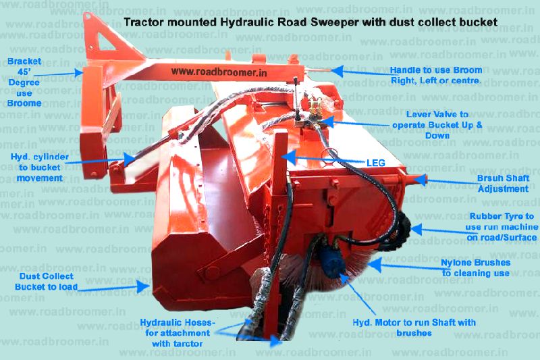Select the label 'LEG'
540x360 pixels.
point(376,163)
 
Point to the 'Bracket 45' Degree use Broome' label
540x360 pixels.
point(24,82)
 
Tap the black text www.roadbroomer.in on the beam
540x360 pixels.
point(219,72)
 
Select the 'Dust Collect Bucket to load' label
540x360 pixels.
point(46,282)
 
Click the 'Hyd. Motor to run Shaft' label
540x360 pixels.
point(414,328)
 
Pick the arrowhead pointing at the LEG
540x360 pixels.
point(291,157)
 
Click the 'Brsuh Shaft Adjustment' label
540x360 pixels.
point(503,184)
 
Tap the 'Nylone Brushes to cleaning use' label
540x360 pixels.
point(476,268)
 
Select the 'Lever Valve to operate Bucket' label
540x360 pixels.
point(437,125)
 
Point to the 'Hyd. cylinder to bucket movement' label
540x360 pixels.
point(40,168)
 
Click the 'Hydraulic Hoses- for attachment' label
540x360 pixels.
point(178,333)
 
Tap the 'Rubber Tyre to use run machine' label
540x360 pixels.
point(502,227)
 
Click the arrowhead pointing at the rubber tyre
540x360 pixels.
point(416,229)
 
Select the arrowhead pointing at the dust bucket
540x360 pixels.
point(143,286)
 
